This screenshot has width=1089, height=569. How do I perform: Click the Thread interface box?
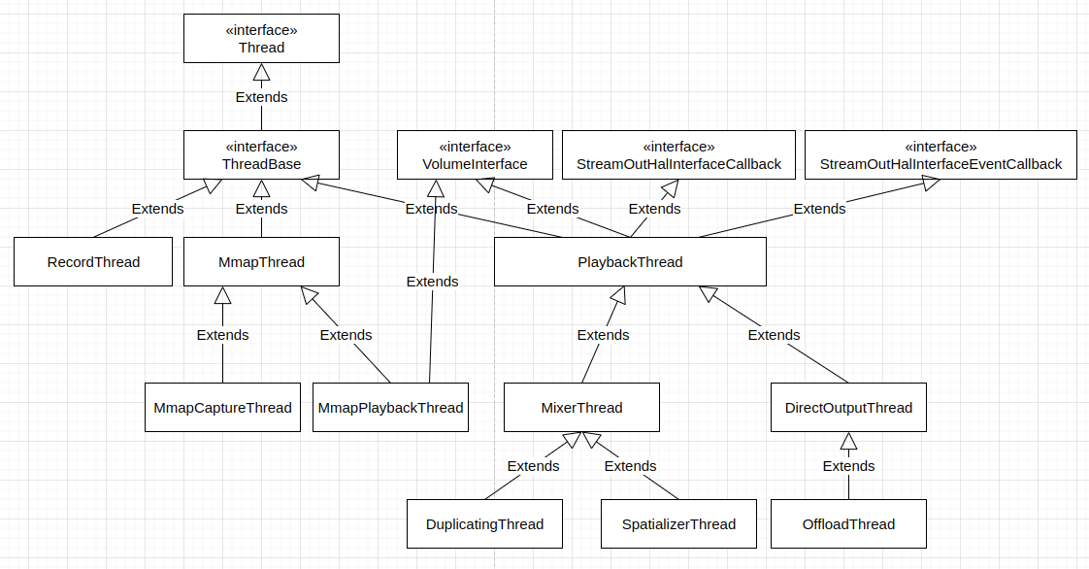(261, 39)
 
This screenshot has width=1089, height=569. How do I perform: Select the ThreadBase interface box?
(261, 155)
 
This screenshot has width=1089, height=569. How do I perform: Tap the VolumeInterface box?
(475, 155)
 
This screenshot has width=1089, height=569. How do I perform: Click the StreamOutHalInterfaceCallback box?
(678, 155)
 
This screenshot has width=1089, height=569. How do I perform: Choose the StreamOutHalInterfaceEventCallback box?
(940, 155)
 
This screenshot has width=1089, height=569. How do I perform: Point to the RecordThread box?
(93, 262)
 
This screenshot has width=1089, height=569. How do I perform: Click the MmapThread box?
(261, 262)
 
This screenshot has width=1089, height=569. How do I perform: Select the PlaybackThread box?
(630, 262)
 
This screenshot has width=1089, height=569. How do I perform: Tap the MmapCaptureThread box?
(222, 408)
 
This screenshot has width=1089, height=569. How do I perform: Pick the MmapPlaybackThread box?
(390, 408)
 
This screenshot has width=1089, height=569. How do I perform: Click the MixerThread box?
(581, 408)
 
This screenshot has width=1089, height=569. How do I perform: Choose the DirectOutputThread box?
(848, 408)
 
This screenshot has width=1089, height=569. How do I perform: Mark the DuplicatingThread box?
(484, 524)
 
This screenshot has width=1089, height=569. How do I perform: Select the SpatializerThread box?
(678, 524)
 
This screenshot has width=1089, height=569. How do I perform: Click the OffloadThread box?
(848, 524)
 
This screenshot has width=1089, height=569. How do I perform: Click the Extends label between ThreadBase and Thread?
(261, 97)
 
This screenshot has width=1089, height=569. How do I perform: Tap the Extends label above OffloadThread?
(848, 466)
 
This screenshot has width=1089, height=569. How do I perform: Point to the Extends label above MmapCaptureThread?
(222, 335)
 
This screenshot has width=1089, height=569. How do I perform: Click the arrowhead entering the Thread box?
(261, 72)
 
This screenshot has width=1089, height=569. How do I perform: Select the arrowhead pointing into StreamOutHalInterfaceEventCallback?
(930, 184)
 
